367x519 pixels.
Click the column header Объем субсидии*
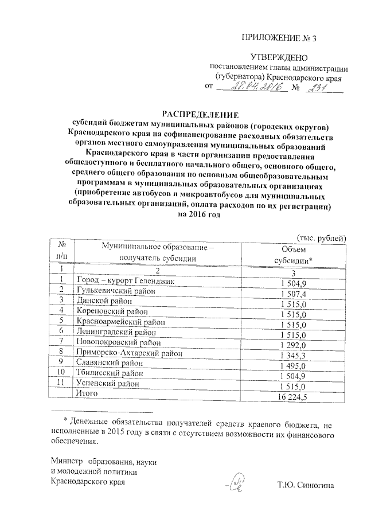tap(298, 253)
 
